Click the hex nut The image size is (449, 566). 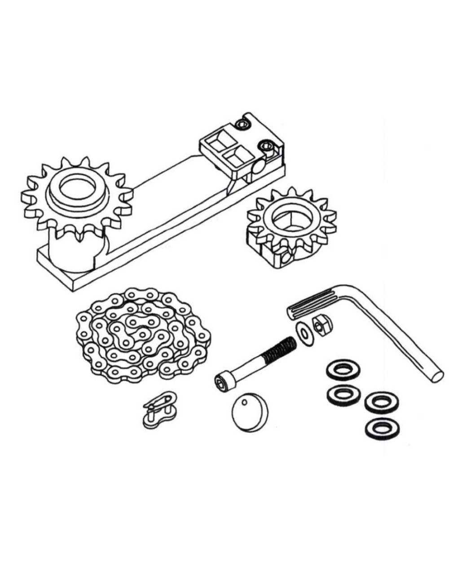[322, 323]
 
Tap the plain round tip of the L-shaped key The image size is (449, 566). [436, 376]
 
